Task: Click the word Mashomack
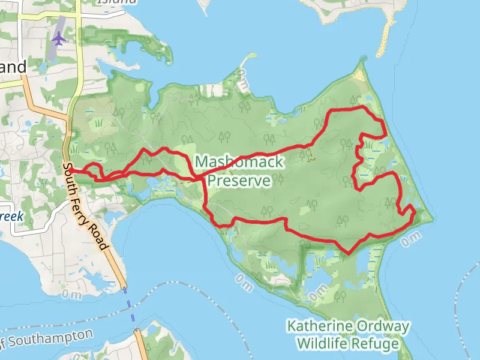coord(239,162)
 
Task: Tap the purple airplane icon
coord(58,38)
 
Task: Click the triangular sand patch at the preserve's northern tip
coord(359,73)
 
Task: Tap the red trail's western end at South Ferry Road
coord(70,170)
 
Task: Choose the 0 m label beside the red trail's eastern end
coord(411,240)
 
